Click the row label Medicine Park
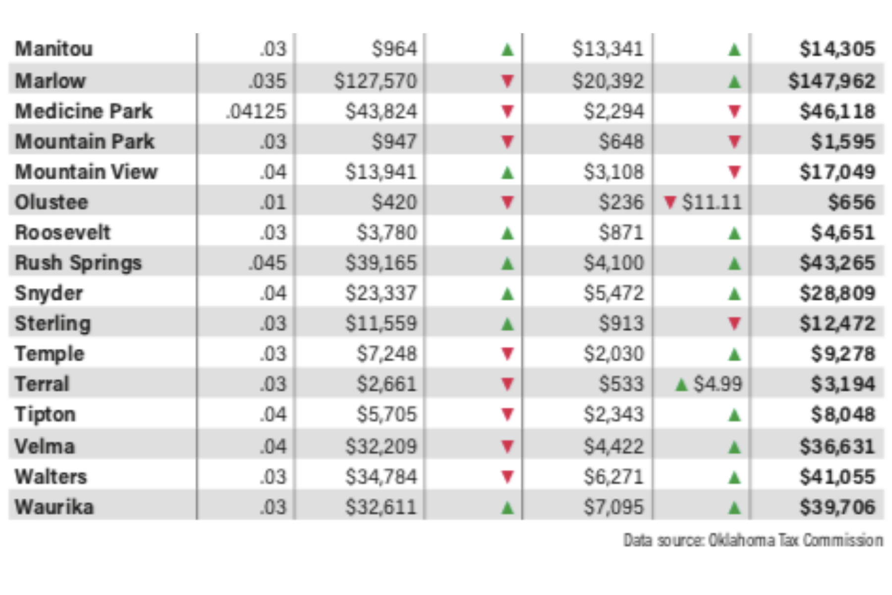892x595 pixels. coord(84,111)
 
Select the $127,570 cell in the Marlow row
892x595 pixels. coord(375,81)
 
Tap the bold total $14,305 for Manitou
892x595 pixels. coord(837,49)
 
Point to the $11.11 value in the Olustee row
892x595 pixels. coord(712,202)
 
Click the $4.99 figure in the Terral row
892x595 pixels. coord(718,384)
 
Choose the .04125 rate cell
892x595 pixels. coord(256,111)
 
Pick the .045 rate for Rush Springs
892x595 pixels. coord(268,263)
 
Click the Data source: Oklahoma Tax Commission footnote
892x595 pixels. coord(753,540)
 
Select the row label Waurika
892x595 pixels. coord(54,507)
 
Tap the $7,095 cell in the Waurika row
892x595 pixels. coord(613,507)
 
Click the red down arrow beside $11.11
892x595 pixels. coord(670,202)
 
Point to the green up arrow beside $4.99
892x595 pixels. coord(682,384)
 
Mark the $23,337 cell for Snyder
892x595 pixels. coord(381,293)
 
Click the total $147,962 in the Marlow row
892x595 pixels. coord(832,81)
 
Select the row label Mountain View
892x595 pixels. coord(86,172)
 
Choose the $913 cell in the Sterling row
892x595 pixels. coord(621,323)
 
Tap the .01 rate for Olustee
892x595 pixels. coord(273,202)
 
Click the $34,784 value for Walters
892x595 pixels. coord(381,476)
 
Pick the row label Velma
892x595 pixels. coord(45,446)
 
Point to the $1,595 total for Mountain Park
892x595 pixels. coord(843,142)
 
